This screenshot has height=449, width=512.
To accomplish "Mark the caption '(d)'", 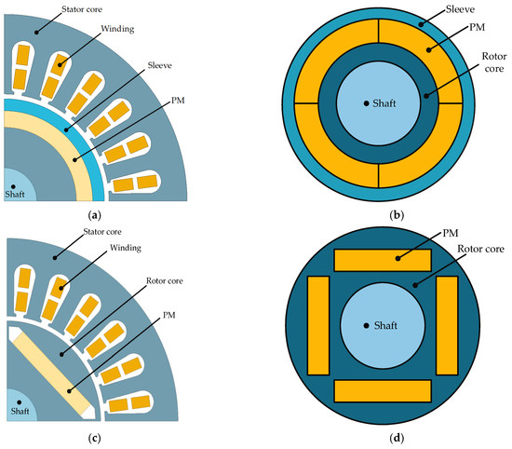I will pos(383,436).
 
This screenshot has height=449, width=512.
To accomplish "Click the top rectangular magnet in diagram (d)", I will pos(383,260).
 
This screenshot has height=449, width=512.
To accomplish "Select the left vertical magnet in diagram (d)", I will pos(318,324).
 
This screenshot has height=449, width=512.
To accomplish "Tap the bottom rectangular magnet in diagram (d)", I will pos(383,389).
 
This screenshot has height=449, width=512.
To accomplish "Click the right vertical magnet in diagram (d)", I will pos(447,324).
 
